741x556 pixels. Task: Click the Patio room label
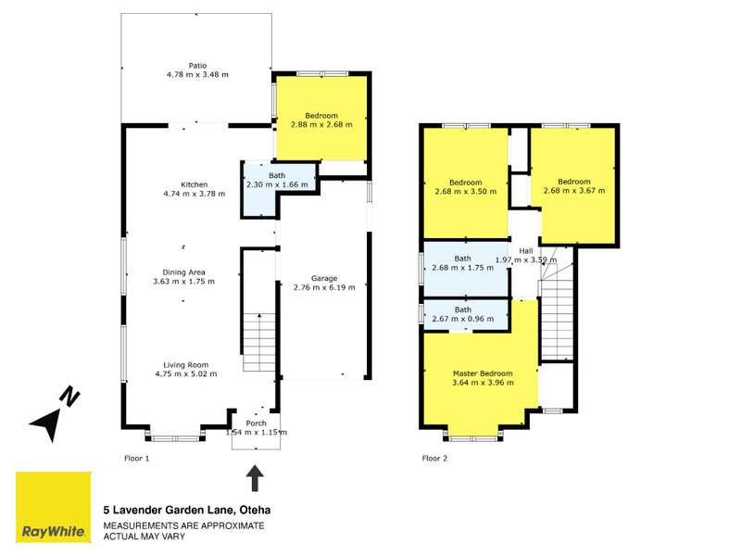click(x=197, y=69)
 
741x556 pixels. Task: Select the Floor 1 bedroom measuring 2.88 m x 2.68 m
click(x=321, y=120)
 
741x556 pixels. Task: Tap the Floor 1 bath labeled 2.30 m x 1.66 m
click(x=278, y=180)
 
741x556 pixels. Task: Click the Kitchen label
click(x=195, y=188)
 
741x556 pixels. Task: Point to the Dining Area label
click(x=182, y=276)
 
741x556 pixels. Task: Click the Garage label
click(x=324, y=283)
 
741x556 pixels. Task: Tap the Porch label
click(x=257, y=427)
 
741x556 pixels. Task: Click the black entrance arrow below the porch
click(x=255, y=478)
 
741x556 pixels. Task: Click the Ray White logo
click(x=53, y=507)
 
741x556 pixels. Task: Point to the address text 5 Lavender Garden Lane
click(x=185, y=510)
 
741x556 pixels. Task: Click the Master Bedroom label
click(x=482, y=378)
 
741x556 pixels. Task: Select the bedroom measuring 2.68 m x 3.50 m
click(x=465, y=186)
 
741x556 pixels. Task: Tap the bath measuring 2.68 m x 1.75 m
click(x=463, y=263)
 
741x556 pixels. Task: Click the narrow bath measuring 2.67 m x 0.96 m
click(x=463, y=314)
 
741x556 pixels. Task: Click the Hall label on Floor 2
click(x=526, y=255)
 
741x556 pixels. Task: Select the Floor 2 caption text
click(x=434, y=458)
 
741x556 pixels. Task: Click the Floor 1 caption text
click(x=136, y=458)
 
